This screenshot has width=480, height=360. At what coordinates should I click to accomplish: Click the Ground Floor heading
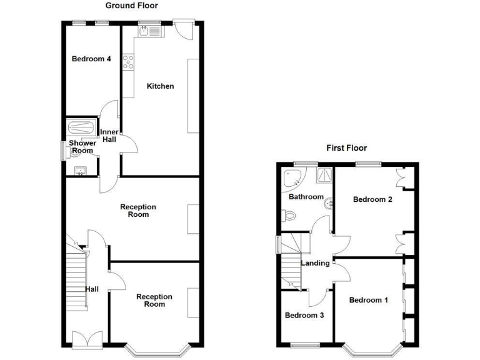click(x=131, y=6)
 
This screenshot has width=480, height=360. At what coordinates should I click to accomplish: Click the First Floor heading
click(x=346, y=148)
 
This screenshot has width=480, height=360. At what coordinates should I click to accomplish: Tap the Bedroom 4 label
click(x=91, y=59)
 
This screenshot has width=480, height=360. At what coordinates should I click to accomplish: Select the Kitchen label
click(x=160, y=86)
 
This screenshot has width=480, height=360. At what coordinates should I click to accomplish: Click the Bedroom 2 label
click(x=372, y=200)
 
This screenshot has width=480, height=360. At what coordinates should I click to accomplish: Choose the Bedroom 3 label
click(x=304, y=316)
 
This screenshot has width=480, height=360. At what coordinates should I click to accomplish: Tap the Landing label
click(x=315, y=263)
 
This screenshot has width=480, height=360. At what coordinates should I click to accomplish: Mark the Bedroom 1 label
click(x=368, y=300)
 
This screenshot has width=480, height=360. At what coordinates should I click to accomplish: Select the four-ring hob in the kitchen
click(x=129, y=62)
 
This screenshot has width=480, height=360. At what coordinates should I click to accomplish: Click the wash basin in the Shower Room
click(x=80, y=170)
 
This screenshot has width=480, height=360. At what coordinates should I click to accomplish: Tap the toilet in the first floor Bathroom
click(x=289, y=216)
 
